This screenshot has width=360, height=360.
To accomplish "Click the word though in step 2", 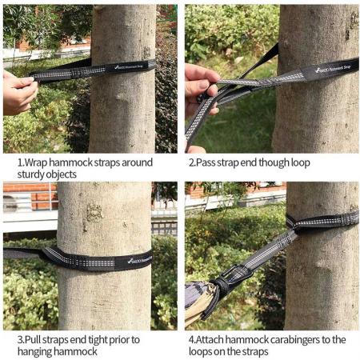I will tap(277, 162).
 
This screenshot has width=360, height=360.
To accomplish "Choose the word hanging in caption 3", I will tap(34, 352).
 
